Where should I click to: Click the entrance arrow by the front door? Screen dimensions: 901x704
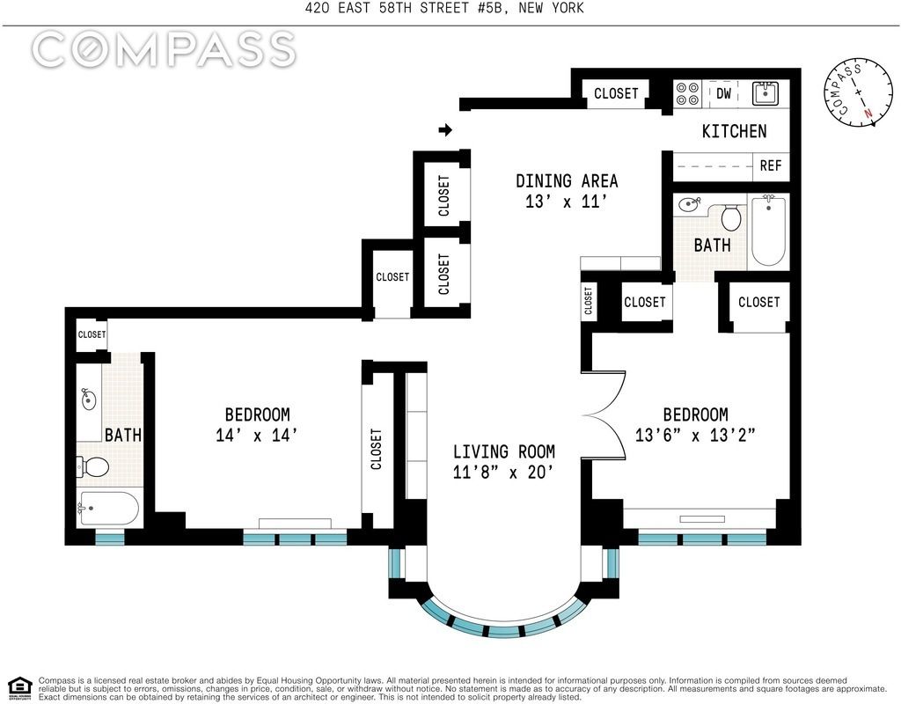(445, 130)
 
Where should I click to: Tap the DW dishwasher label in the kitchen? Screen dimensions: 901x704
(723, 92)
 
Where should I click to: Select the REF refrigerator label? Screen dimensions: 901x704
(771, 165)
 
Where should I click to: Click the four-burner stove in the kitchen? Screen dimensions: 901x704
(687, 93)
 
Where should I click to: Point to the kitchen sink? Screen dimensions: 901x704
(765, 93)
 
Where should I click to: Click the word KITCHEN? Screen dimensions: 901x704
(735, 132)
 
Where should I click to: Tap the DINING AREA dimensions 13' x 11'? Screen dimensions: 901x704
(566, 202)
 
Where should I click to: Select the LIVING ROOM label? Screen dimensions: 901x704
(504, 451)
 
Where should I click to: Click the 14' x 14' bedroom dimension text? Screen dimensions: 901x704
(256, 435)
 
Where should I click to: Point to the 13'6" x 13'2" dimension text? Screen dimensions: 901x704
(695, 435)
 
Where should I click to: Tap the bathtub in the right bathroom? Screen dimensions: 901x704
(768, 230)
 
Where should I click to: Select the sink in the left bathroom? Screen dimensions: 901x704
(88, 400)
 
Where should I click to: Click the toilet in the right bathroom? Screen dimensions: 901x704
(731, 217)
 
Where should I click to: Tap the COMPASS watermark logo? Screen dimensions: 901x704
(164, 48)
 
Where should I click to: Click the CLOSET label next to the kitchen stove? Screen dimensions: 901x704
(616, 93)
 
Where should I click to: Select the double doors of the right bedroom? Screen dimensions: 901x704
(604, 413)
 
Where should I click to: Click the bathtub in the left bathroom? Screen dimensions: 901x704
(108, 508)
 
